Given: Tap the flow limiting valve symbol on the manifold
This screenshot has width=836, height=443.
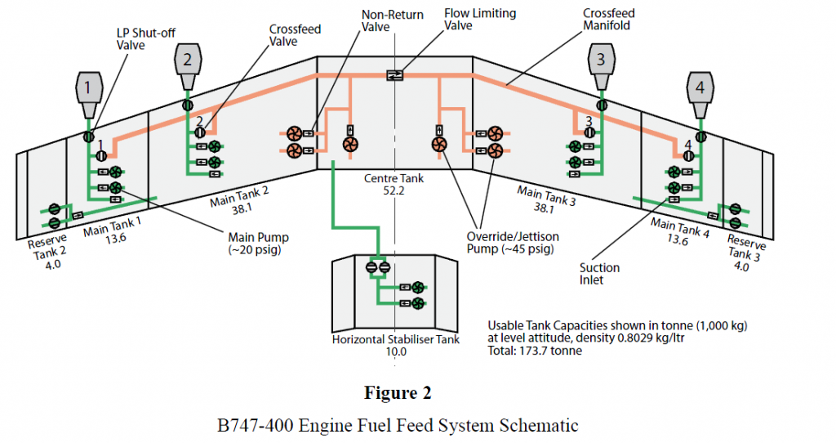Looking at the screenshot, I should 395,74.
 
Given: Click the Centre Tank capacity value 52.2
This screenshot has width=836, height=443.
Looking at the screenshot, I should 397,190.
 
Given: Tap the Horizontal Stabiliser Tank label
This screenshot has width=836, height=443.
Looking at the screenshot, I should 396,339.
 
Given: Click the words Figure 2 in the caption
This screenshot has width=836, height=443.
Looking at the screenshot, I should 397,392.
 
